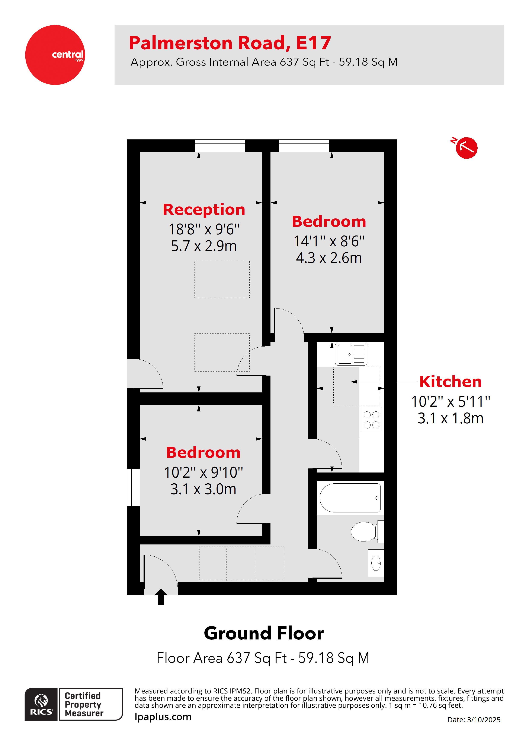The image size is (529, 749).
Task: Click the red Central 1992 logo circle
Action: [55, 55]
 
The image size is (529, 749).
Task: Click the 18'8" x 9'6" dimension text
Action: [204, 229]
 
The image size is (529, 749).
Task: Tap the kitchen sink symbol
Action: [351, 354]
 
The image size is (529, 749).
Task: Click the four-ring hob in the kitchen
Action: [371, 420]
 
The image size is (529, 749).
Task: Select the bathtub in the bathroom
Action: [350, 498]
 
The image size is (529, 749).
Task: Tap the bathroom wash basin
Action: [376, 563]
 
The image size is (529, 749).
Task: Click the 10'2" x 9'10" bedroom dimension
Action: [203, 472]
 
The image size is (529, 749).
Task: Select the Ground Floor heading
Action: [264, 633]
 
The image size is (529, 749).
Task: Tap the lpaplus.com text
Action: [163, 717]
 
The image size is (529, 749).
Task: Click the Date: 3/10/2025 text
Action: [473, 719]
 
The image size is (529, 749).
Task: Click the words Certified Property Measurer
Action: [84, 704]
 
